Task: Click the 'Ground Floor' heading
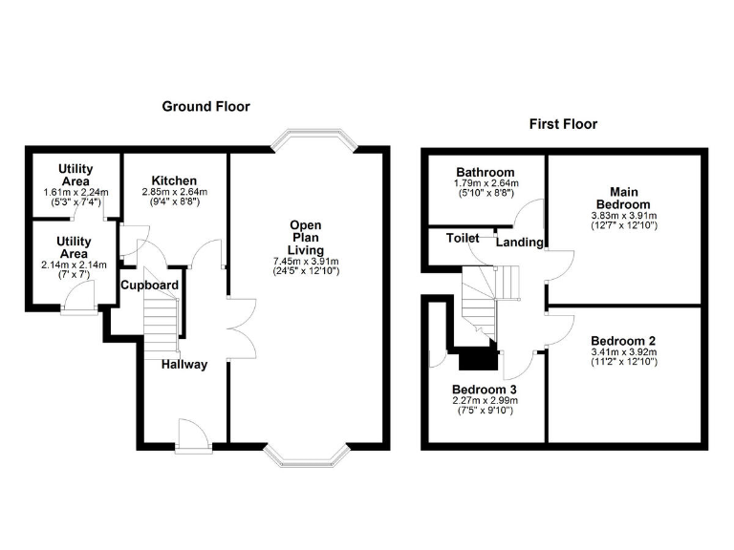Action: [205, 107]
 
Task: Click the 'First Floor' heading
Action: [564, 124]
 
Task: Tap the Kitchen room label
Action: [174, 180]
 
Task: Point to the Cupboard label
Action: [149, 285]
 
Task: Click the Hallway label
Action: [183, 365]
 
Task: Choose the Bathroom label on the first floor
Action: [485, 173]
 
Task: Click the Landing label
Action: [519, 243]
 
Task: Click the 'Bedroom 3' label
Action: [484, 389]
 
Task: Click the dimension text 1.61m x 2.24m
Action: [76, 193]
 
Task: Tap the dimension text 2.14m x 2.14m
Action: [75, 264]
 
